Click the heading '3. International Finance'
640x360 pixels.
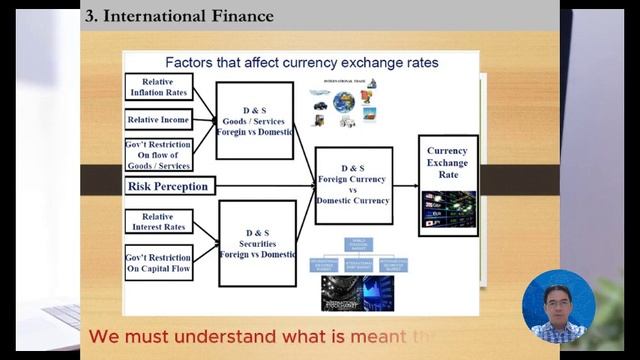coord(179,16)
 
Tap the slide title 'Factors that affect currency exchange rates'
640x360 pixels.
coord(301,62)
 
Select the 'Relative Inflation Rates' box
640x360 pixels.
coord(158,87)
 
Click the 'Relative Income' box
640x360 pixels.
coord(158,120)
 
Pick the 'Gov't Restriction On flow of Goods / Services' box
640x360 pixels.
coord(158,155)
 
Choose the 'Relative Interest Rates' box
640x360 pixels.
coord(158,221)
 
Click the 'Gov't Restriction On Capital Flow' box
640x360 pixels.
coord(158,262)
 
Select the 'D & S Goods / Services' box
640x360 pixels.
coord(255,120)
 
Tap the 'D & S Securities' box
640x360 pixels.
coord(257,243)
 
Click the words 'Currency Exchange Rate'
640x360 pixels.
coord(447,163)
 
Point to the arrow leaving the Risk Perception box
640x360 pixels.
coord(265,186)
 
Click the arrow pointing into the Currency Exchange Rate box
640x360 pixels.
coord(404,186)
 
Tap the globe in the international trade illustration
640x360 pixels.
coord(344,101)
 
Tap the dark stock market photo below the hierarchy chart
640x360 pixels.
coord(357,292)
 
